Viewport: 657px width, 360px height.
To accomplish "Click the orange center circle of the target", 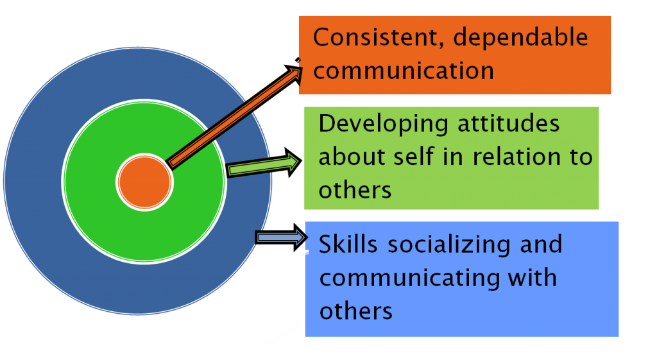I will click(144, 182).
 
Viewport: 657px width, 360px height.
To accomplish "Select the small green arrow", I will click(263, 165).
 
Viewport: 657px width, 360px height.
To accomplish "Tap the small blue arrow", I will click(280, 237).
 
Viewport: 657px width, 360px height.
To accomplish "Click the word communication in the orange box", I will click(404, 70).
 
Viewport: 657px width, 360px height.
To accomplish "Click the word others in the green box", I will click(355, 189).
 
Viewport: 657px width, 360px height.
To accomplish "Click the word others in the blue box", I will click(355, 311).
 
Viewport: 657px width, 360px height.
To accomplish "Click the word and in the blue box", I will click(542, 244).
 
